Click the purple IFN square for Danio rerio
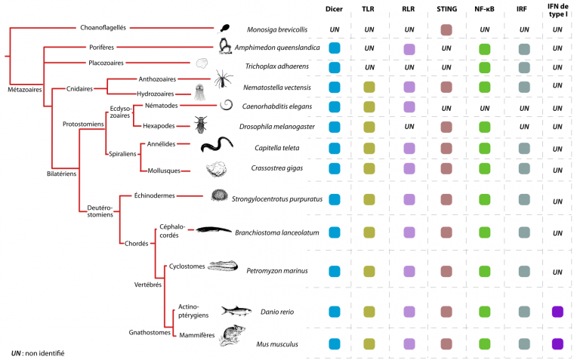558,311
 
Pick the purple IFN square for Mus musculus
558,344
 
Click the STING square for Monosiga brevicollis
446,29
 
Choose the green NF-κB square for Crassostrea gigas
484,167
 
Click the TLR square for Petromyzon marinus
370,271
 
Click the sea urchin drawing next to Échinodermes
219,196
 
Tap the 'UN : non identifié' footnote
38,352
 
